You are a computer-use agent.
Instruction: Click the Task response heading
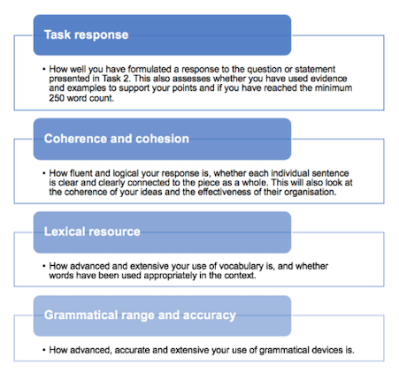point(87,34)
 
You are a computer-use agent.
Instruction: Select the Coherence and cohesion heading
point(117,139)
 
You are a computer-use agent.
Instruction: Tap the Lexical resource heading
point(92,232)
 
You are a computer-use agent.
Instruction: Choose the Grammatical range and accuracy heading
point(140,315)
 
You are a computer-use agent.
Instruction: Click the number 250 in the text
point(57,98)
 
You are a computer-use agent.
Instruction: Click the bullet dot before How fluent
point(44,173)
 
